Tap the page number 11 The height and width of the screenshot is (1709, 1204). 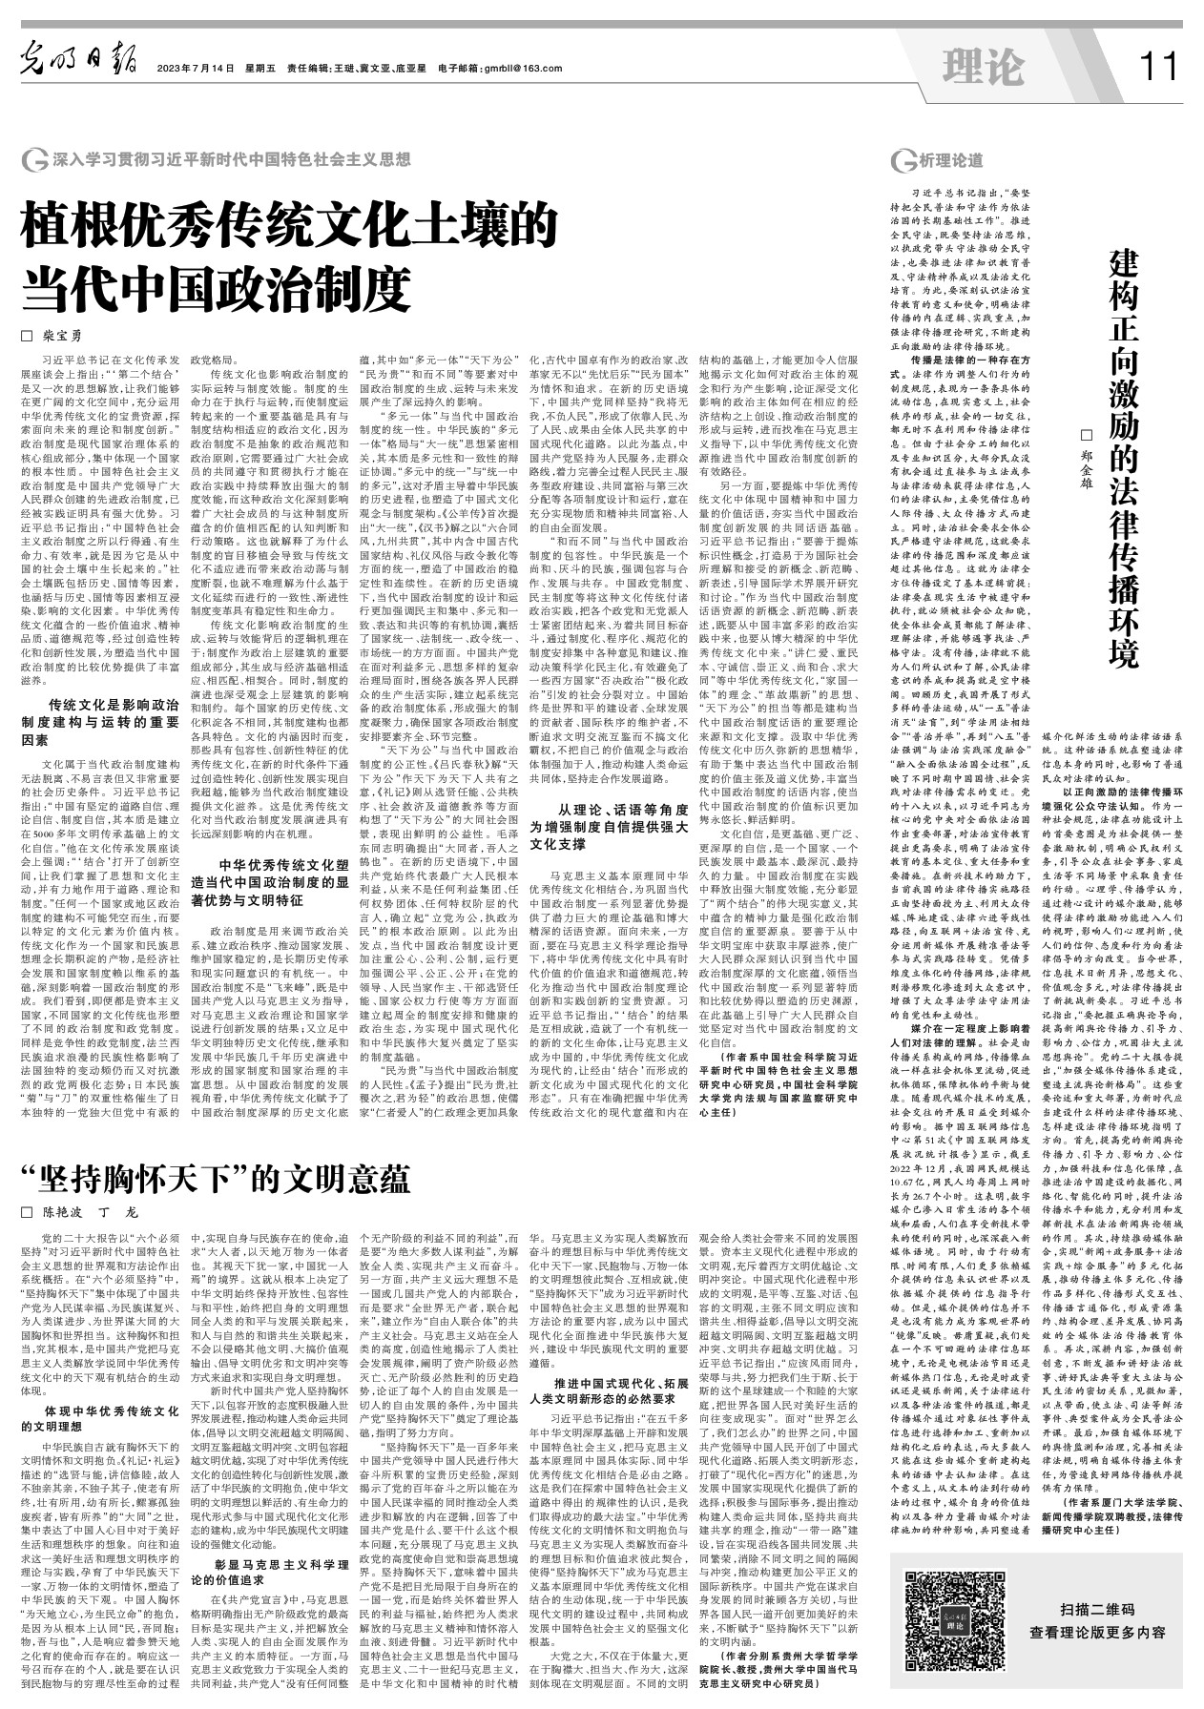click(x=1158, y=67)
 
